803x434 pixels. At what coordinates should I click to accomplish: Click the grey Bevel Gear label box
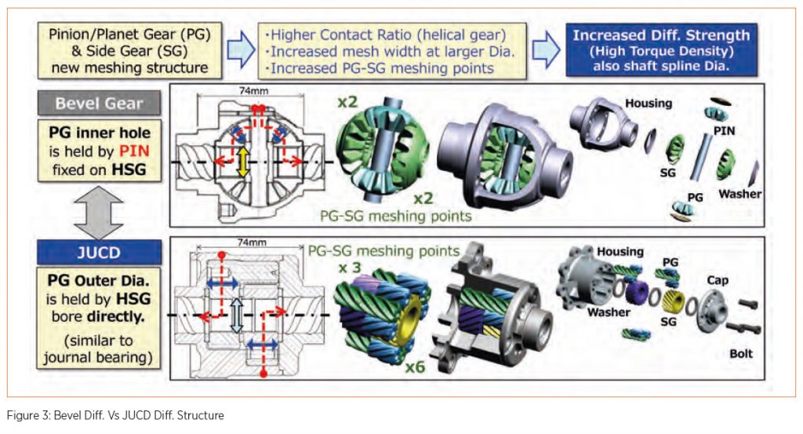coord(99,103)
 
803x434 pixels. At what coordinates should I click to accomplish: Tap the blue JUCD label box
coord(99,253)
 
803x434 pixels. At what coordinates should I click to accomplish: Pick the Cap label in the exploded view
coord(718,279)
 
